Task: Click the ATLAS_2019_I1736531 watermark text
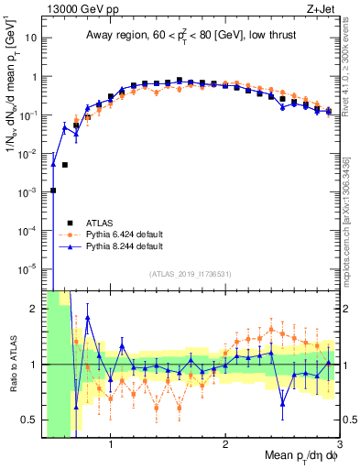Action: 191,274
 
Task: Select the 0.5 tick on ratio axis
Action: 30,420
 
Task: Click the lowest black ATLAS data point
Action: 53,191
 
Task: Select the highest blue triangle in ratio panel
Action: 88,318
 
